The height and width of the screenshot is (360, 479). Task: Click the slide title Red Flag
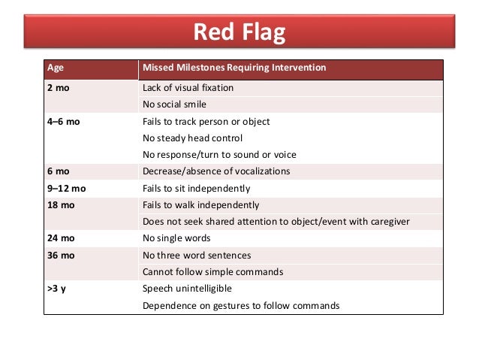pyautogui.click(x=239, y=32)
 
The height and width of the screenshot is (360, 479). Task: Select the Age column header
pyautogui.click(x=56, y=68)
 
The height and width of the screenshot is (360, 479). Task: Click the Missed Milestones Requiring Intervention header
pyautogui.click(x=234, y=68)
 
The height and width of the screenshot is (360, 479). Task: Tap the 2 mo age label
pyautogui.click(x=59, y=88)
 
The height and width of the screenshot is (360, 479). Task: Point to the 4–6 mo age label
pyautogui.click(x=64, y=122)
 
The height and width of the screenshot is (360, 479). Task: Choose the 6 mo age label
pyautogui.click(x=59, y=171)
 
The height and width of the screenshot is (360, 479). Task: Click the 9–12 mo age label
pyautogui.click(x=66, y=189)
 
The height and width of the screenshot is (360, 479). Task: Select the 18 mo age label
pyautogui.click(x=62, y=205)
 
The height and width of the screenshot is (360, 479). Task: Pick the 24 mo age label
pyautogui.click(x=62, y=239)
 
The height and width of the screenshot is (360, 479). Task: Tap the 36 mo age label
pyautogui.click(x=62, y=256)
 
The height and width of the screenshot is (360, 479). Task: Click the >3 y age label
pyautogui.click(x=57, y=289)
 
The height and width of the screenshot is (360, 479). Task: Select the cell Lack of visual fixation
pyautogui.click(x=188, y=88)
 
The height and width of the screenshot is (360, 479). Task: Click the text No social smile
pyautogui.click(x=174, y=104)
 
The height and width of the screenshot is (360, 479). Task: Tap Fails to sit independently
pyautogui.click(x=196, y=189)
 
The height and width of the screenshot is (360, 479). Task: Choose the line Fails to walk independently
pyautogui.click(x=200, y=205)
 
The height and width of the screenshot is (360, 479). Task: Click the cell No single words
pyautogui.click(x=174, y=239)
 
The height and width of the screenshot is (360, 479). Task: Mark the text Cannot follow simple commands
pyautogui.click(x=212, y=272)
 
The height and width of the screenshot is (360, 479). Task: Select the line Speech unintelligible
pyautogui.click(x=187, y=289)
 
